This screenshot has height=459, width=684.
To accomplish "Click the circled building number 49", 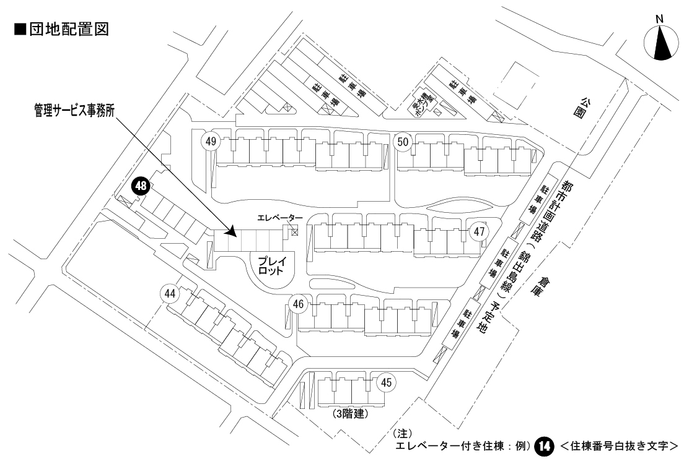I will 211,142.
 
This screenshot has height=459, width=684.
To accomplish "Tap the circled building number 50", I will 403,142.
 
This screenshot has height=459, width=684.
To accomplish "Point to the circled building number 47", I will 479,232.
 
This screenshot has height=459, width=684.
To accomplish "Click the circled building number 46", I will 299,304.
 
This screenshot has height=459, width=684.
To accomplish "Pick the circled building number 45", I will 386,382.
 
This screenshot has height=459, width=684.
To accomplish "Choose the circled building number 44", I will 169,293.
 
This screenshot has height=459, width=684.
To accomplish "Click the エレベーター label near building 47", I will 281,218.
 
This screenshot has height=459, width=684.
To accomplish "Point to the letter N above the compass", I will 660,19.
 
